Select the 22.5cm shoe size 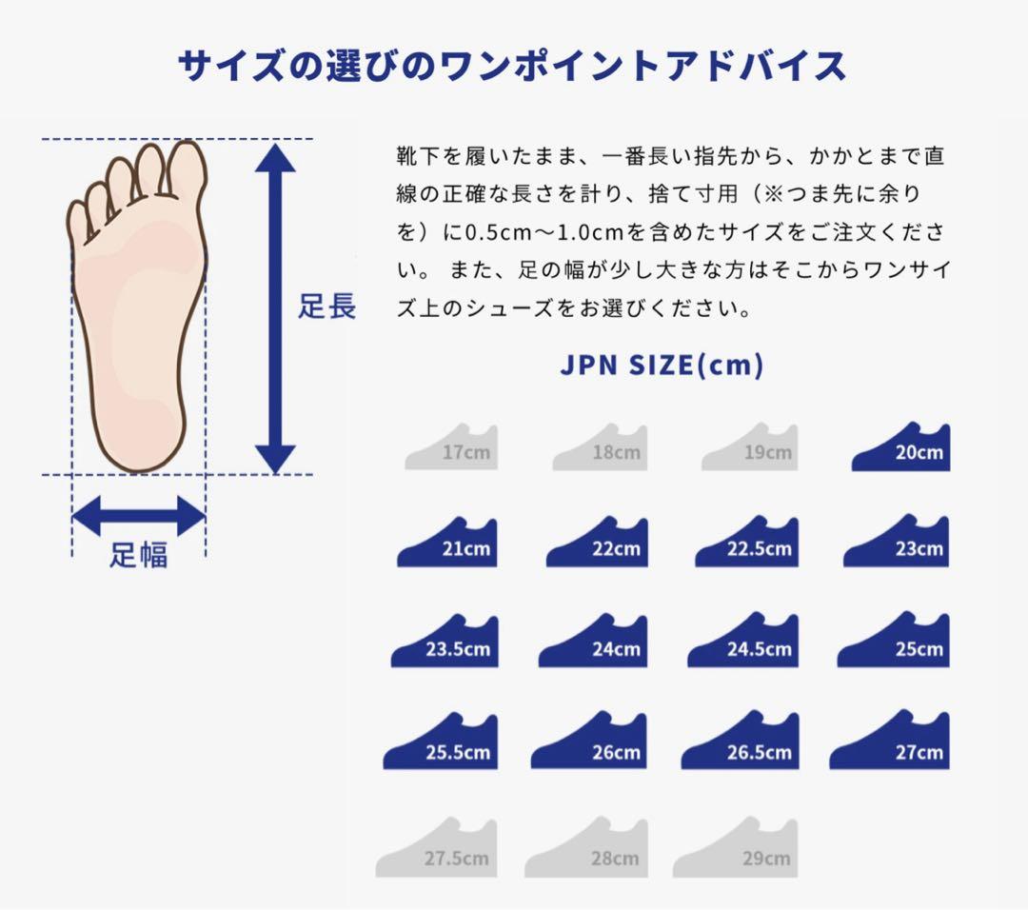click(747, 544)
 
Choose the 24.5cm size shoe click(743, 643)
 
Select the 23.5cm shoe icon click(445, 643)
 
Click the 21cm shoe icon click(447, 544)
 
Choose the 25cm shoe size click(894, 642)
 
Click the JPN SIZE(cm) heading click(662, 366)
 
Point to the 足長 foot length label click(327, 307)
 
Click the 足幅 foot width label click(138, 555)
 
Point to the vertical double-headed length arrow click(275, 308)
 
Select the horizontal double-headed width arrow click(138, 516)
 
